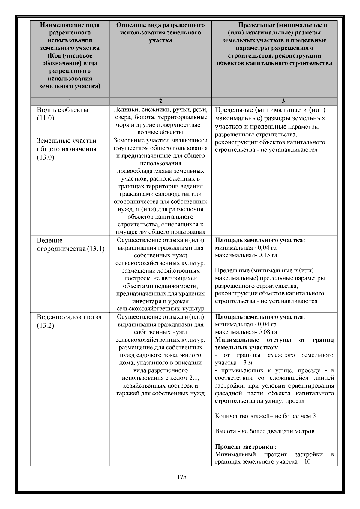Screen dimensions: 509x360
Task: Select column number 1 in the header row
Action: (x=70, y=101)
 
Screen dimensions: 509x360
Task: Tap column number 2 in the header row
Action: (x=160, y=101)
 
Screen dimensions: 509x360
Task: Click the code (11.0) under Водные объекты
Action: (x=46, y=118)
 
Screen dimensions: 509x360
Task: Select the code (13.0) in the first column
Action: (x=46, y=157)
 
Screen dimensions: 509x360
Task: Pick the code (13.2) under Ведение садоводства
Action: (x=46, y=325)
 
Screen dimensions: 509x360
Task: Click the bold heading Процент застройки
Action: (x=245, y=447)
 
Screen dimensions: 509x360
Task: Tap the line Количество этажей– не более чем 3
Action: (x=265, y=416)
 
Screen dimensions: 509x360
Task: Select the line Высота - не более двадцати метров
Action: (x=265, y=431)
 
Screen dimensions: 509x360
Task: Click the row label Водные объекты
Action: (x=62, y=110)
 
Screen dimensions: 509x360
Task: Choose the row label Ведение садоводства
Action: (x=69, y=317)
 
